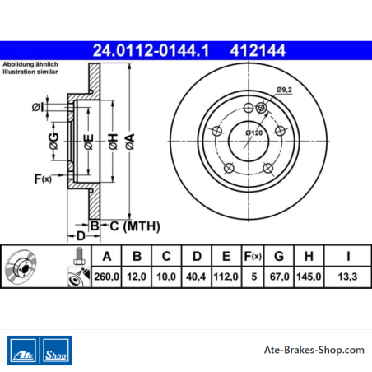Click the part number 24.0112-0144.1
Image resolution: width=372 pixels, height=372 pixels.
coord(151,51)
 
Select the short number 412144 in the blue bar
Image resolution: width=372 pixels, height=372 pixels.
coord(258,51)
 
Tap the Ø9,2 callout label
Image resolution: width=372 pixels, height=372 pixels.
coord(284,90)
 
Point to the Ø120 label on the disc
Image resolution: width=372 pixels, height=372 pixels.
coord(254,133)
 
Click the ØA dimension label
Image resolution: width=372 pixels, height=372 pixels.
coord(130,142)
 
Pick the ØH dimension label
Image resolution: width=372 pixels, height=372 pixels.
coord(114,142)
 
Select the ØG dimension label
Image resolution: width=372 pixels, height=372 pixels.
coord(54,141)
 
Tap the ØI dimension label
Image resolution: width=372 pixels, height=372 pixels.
coord(38,107)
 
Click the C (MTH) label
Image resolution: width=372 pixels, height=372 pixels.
coord(135,226)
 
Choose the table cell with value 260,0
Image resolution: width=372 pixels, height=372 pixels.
coord(106,277)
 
